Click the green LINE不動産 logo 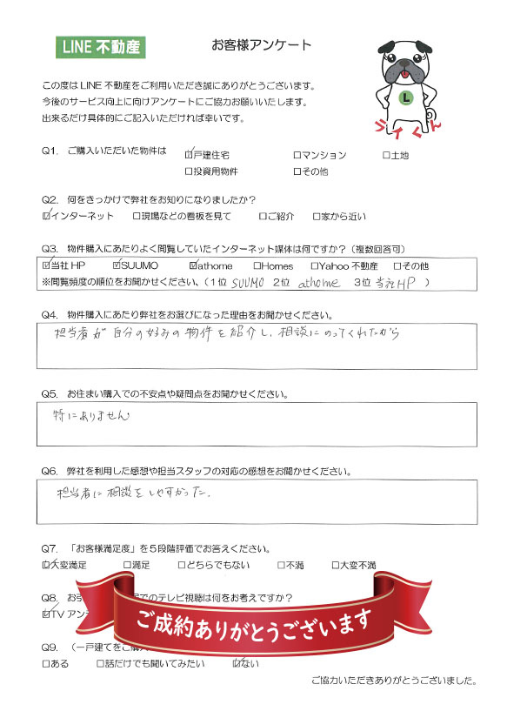tap(100, 47)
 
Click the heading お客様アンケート tap(261, 44)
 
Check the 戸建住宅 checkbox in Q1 tap(190, 154)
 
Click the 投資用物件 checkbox tap(190, 171)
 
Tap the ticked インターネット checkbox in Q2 tap(47, 214)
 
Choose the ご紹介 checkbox tap(264, 215)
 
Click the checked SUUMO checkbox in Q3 tap(118, 265)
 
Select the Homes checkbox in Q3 tap(257, 265)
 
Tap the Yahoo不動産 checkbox tap(314, 265)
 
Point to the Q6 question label tap(50, 471)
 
